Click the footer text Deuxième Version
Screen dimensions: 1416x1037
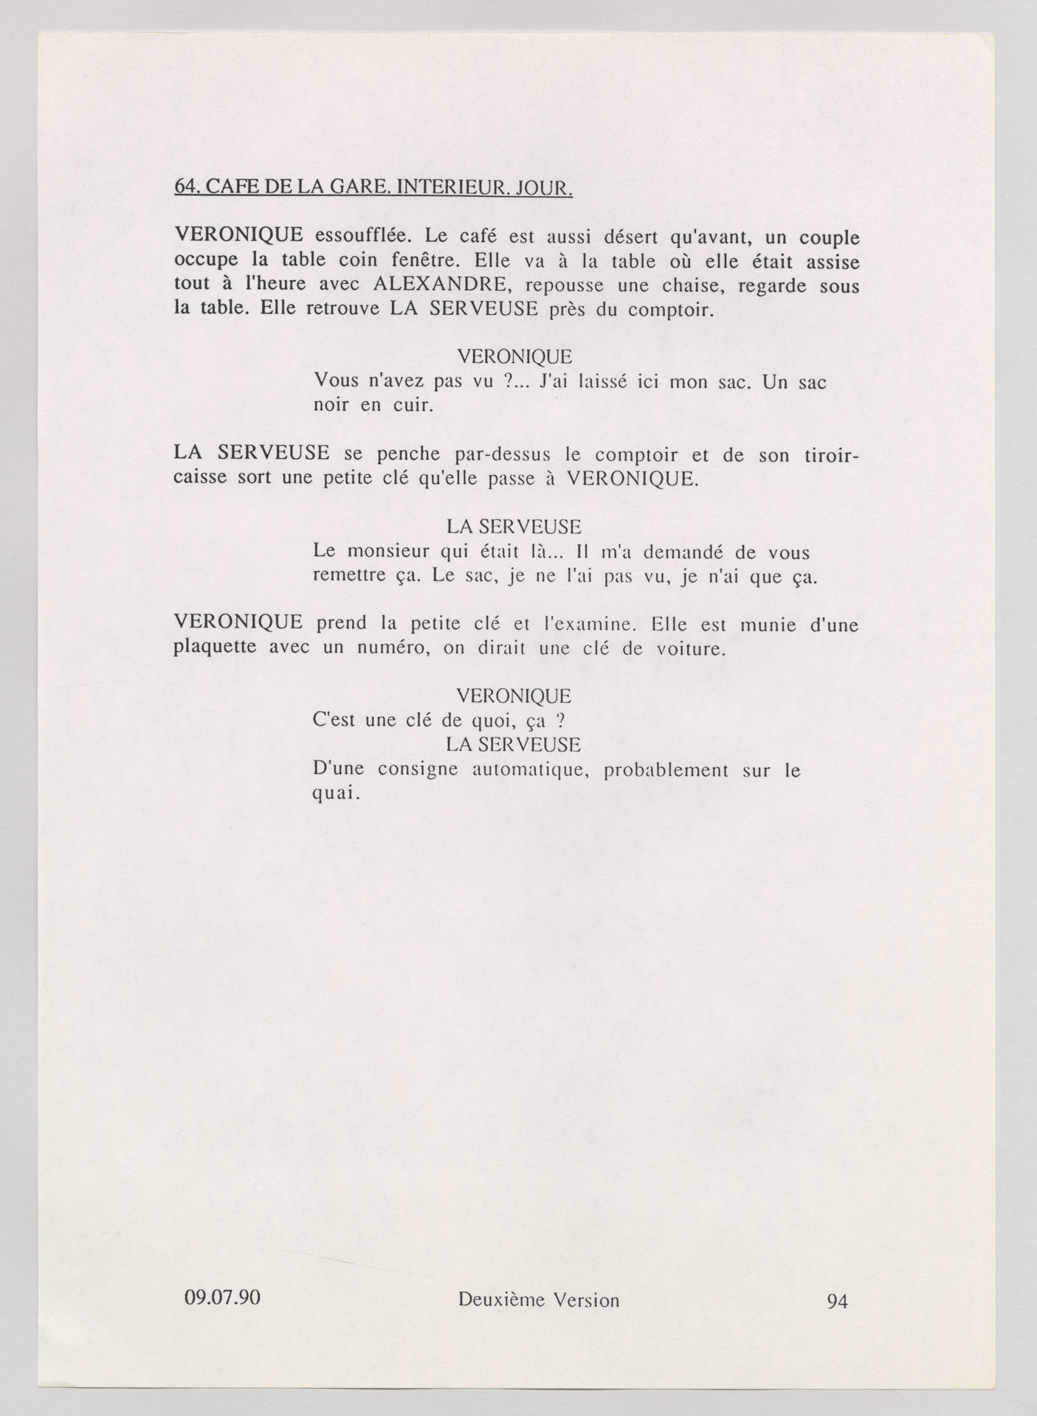click(539, 1299)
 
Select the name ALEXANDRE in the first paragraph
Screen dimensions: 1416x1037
click(438, 285)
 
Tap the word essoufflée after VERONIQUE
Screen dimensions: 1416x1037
click(357, 237)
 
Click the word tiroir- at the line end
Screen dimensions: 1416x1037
click(830, 455)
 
